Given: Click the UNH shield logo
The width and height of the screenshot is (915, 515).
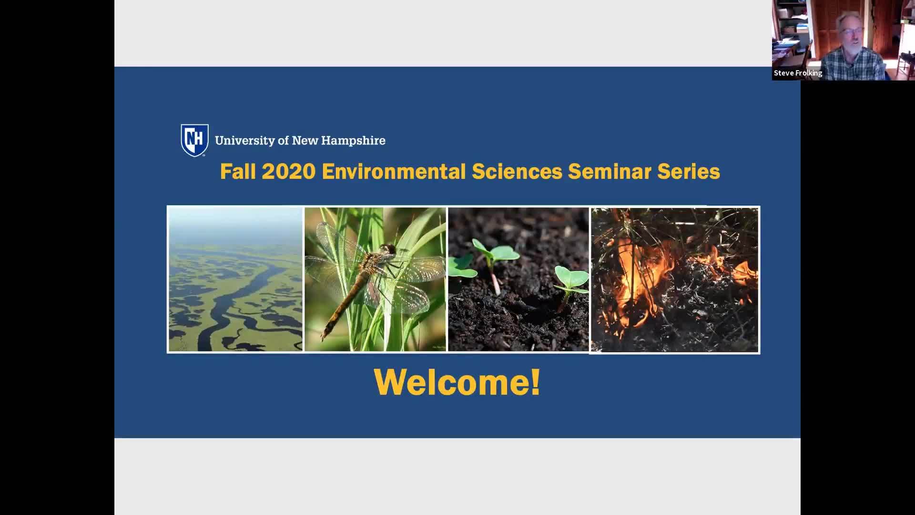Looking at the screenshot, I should pos(194,140).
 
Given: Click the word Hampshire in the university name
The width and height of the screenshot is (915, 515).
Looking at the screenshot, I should pos(353,141).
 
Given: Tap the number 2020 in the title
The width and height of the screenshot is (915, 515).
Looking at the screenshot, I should pos(288,172).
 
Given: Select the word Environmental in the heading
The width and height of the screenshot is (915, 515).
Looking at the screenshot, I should pos(394,172).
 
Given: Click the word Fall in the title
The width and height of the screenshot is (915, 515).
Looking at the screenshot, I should pos(238,172).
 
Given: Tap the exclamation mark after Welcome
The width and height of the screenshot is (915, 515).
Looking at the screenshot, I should pos(535,381).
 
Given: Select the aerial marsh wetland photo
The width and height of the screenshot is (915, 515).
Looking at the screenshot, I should pos(235,280).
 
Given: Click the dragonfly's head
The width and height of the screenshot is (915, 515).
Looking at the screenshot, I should pos(389,249).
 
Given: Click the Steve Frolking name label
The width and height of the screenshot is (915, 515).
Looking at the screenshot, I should pos(798,73).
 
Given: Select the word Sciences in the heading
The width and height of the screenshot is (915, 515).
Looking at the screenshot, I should pos(517,172).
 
